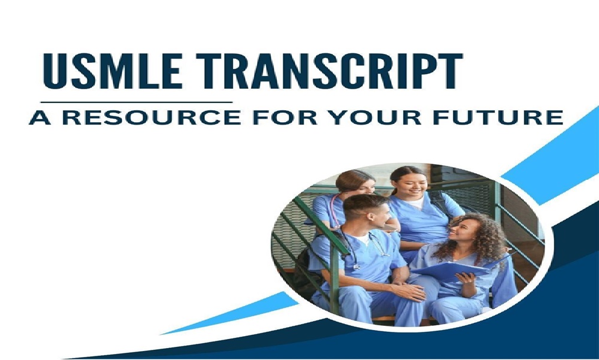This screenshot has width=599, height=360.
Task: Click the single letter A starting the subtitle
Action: (40, 117)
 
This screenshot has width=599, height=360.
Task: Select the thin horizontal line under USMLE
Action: (138, 102)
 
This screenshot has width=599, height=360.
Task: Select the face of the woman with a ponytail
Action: (412, 182)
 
